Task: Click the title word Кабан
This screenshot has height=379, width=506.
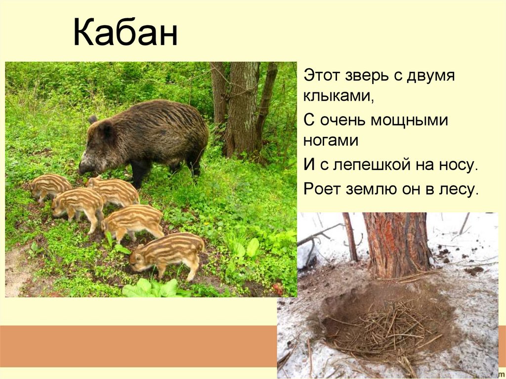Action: (x=125, y=34)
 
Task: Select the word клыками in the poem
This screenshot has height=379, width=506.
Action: (x=338, y=96)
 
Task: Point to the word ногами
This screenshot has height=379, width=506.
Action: (x=331, y=140)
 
